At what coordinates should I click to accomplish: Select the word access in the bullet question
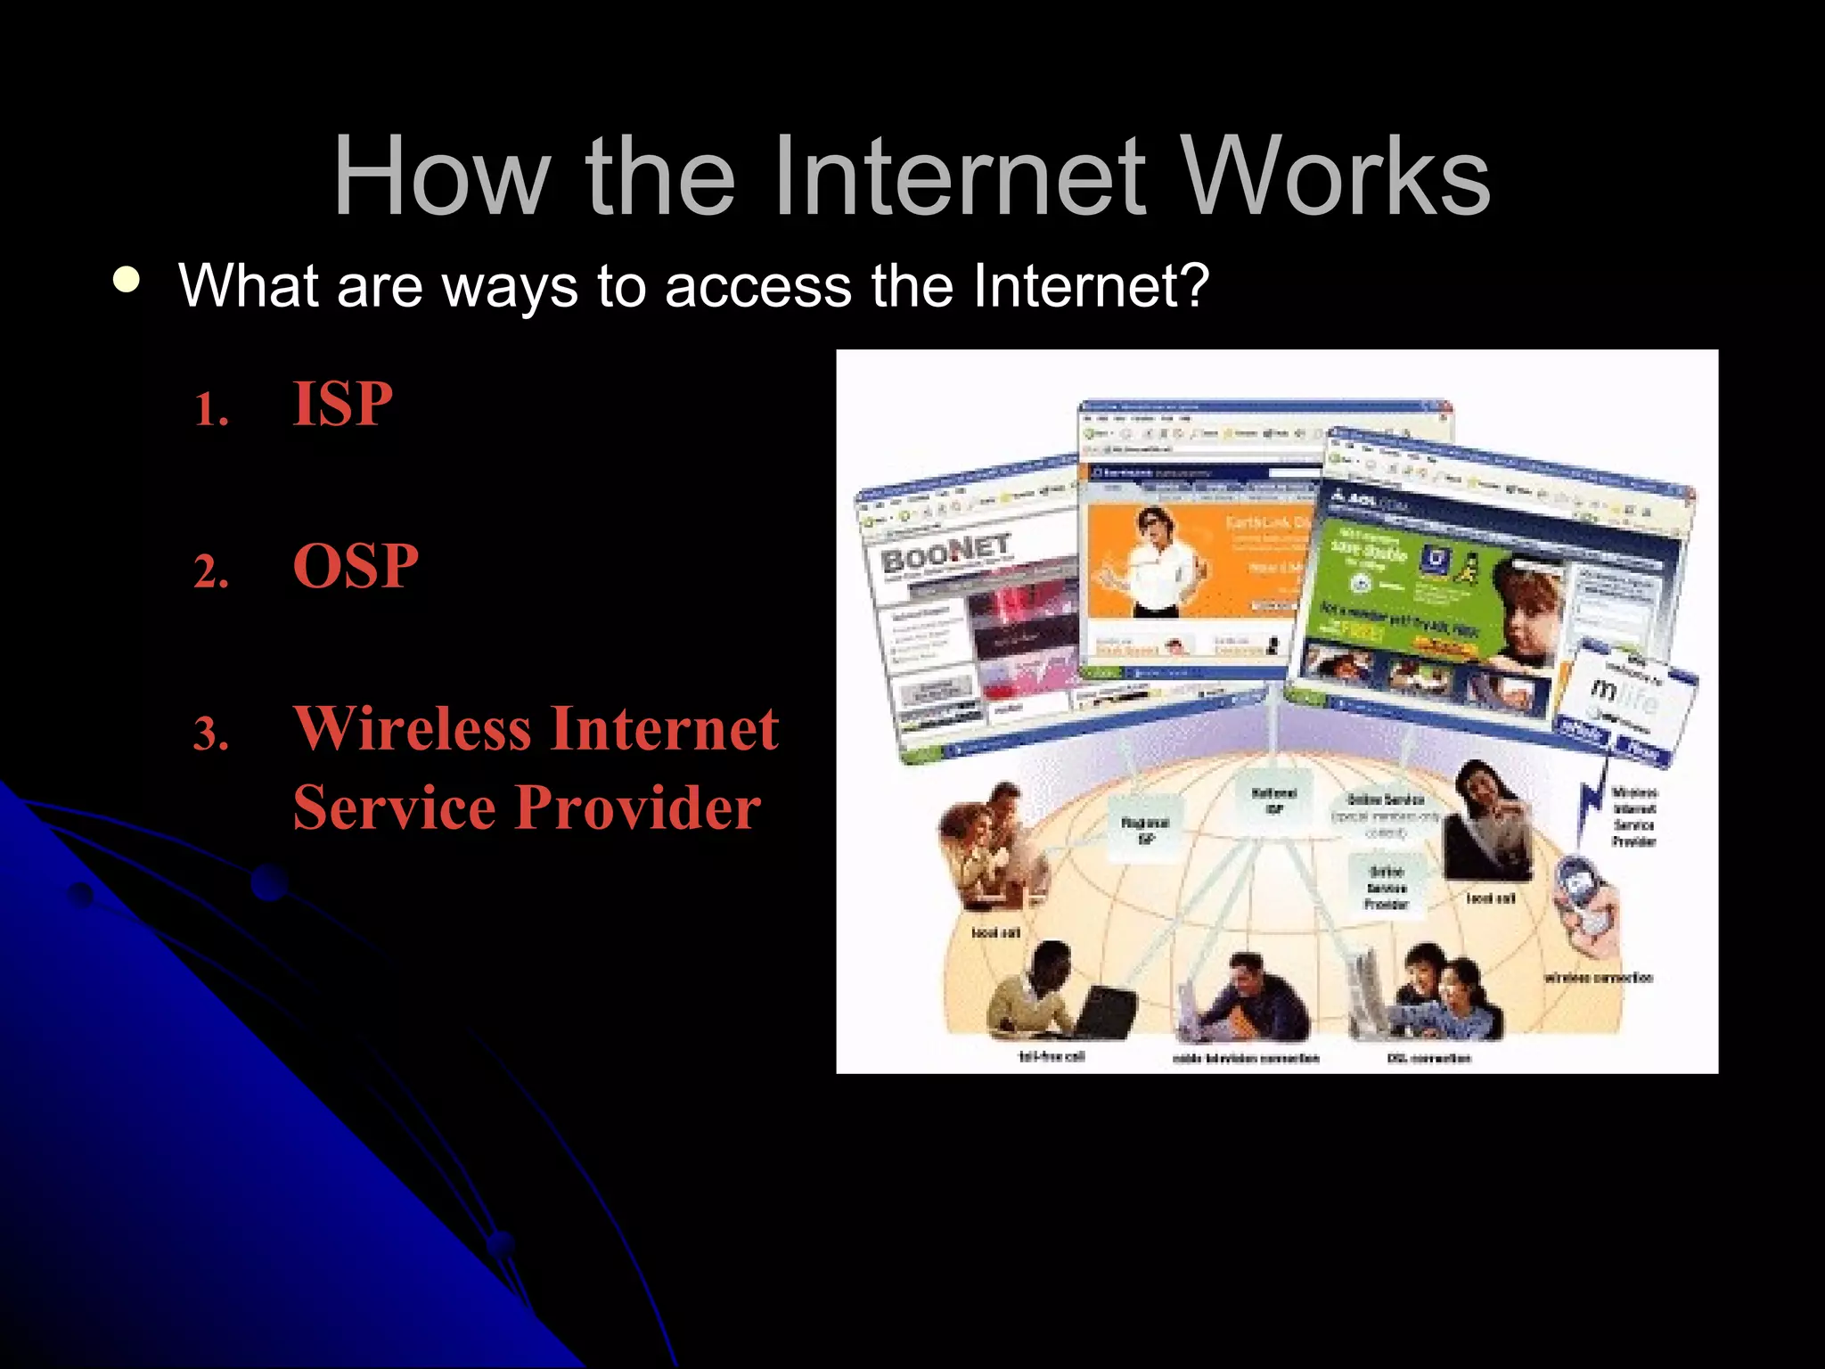click(x=757, y=286)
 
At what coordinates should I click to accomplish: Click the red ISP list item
click(x=342, y=404)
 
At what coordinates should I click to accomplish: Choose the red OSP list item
click(x=356, y=566)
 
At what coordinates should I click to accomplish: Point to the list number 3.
click(x=211, y=734)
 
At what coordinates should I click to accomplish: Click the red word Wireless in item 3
click(x=413, y=728)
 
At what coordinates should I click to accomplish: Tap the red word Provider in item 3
click(x=638, y=807)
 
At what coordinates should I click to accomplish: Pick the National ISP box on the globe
click(x=1274, y=799)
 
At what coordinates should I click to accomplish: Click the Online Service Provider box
click(x=1387, y=886)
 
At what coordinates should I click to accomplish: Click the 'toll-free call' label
click(x=1052, y=1056)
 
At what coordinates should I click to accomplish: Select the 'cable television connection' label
click(x=1246, y=1058)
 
